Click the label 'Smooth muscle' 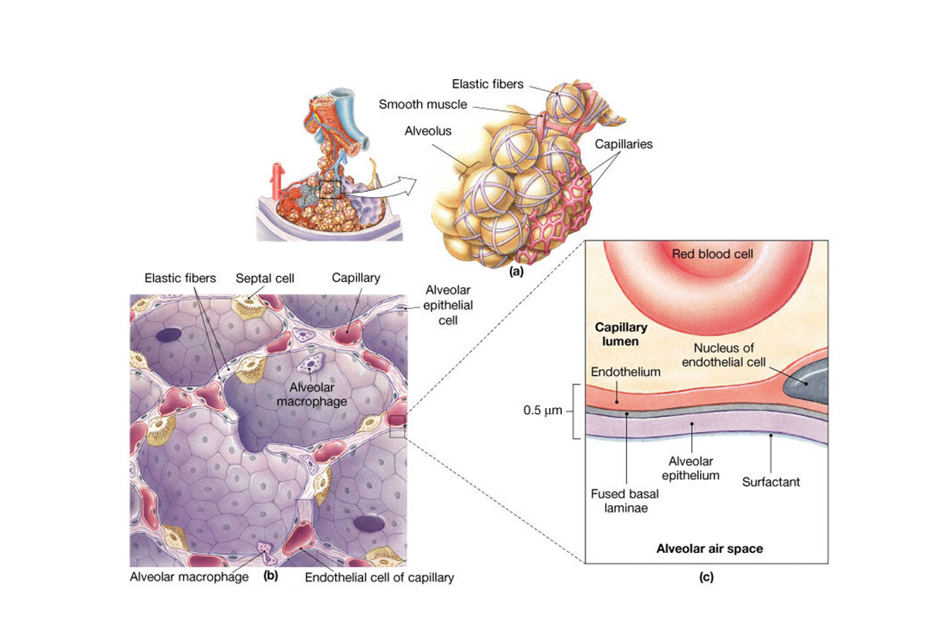point(422,105)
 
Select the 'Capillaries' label point(623,144)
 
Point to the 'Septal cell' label point(265,279)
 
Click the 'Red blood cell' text point(712,253)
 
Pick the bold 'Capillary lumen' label point(617,335)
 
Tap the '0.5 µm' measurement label point(545,410)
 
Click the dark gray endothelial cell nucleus point(803,382)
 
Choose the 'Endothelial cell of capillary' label point(380,576)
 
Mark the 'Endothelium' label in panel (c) point(625,372)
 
